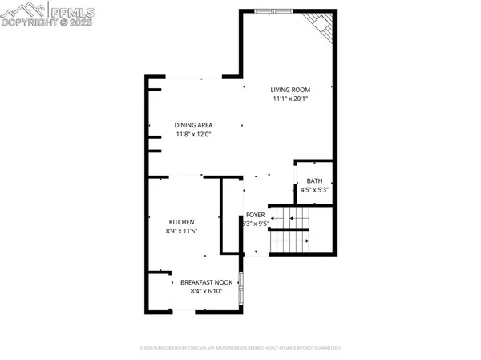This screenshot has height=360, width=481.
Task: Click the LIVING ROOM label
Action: point(289,89)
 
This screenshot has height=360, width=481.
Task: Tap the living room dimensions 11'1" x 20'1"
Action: point(289,99)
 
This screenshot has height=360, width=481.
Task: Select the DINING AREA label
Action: point(192,124)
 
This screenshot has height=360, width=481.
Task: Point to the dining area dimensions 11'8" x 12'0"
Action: point(192,135)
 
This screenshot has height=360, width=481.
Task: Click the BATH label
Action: point(313,180)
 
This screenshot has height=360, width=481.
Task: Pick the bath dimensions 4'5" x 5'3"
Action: point(313,190)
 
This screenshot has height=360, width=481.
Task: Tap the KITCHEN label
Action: point(182,222)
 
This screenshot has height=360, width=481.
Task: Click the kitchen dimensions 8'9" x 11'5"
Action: point(182,232)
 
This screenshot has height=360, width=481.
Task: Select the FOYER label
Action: point(256,215)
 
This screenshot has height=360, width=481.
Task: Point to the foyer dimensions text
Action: point(256,224)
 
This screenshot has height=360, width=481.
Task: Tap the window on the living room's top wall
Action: point(280,10)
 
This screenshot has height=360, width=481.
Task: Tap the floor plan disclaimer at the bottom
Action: point(240,349)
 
